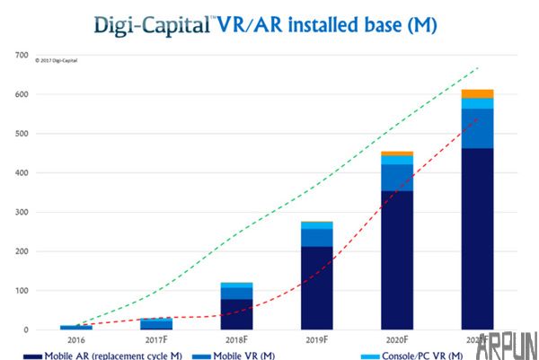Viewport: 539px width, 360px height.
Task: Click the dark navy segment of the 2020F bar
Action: [396, 260]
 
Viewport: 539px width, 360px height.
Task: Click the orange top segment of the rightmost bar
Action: [477, 93]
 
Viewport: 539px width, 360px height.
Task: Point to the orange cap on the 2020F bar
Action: [396, 154]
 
